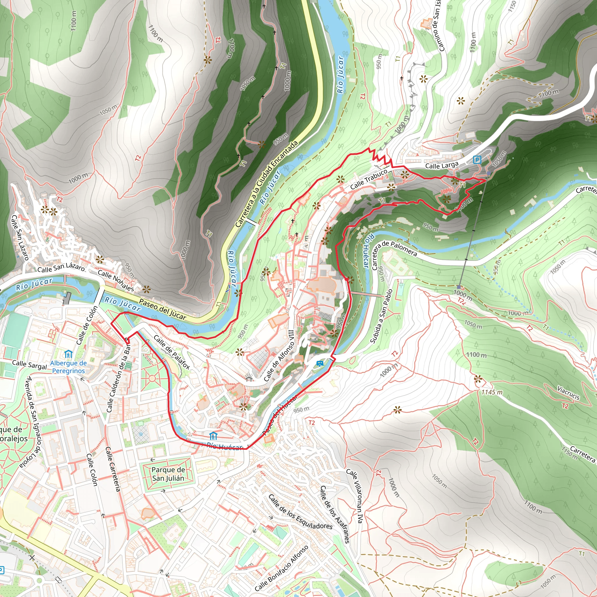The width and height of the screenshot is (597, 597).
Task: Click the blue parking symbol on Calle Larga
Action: pos(477,160)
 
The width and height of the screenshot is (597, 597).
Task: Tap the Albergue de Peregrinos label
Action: pos(68,367)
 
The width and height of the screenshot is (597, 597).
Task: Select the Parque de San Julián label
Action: pos(168,474)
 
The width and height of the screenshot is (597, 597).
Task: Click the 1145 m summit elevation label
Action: pos(492,392)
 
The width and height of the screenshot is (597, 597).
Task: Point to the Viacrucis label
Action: pos(568,392)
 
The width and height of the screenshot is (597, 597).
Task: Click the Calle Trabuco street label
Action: pos(369,180)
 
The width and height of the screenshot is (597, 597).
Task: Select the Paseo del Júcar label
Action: pos(163,309)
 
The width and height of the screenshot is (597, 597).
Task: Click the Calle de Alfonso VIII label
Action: pos(279,355)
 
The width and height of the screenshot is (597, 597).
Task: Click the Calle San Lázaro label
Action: pos(61,268)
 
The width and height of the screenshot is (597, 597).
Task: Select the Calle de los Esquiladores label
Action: pos(300,512)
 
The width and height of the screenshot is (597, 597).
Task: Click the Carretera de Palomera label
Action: pos(394,253)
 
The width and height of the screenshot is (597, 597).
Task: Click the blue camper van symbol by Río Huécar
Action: pos(320,364)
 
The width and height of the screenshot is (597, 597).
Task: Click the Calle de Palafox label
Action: pos(171,352)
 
